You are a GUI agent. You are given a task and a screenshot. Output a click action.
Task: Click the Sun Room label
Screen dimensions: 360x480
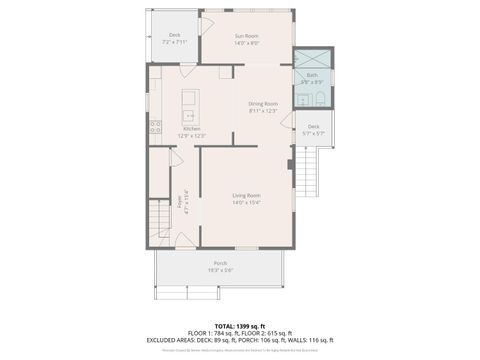[x=246, y=36]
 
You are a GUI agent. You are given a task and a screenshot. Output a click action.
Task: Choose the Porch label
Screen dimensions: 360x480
[x=219, y=263]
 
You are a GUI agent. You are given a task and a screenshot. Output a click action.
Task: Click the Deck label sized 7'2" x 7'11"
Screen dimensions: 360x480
[x=174, y=36]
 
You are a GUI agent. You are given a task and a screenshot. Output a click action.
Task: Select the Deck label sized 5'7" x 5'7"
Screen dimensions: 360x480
[x=313, y=127]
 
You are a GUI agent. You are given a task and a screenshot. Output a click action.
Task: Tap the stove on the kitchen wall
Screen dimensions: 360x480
[x=155, y=127]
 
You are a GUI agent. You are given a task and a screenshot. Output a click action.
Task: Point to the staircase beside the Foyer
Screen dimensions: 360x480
[x=159, y=216]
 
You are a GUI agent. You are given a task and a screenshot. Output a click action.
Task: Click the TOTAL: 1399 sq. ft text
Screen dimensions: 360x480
[x=239, y=326]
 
